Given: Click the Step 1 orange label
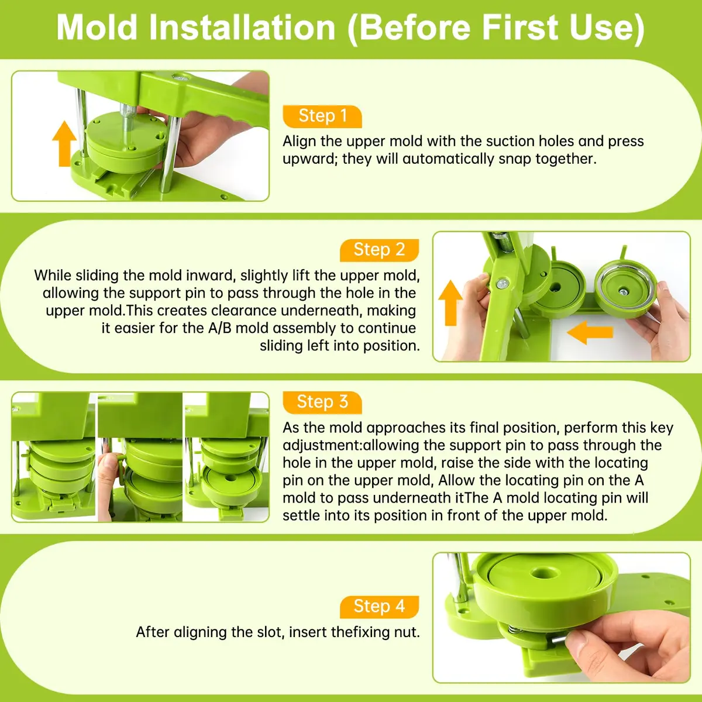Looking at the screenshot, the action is [322, 116].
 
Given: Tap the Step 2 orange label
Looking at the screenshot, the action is [379, 250].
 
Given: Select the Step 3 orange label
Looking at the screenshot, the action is [322, 402].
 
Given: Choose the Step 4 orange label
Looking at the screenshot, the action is [379, 607].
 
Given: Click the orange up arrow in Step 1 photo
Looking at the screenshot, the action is [64, 143].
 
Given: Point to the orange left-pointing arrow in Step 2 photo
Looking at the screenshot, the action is [590, 332].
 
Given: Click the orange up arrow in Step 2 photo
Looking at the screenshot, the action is [450, 302].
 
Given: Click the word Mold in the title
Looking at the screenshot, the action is [97, 27].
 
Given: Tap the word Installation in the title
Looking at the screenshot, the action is [242, 27].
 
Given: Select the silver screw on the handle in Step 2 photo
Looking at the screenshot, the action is [503, 283].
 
